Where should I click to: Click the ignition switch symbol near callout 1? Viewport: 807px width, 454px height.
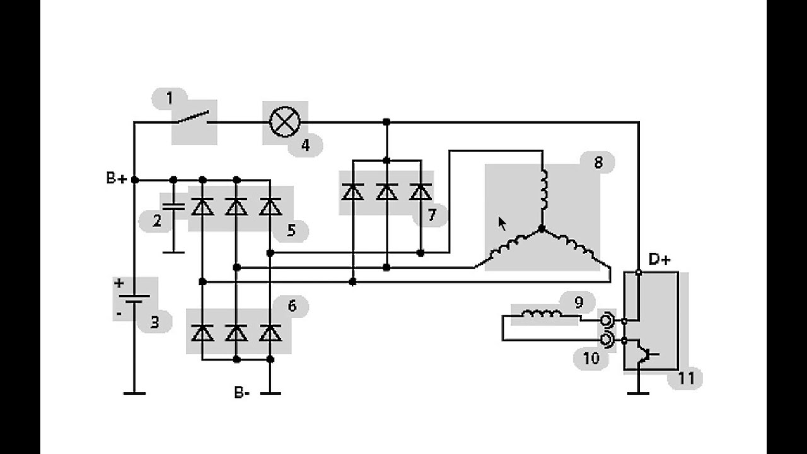192,118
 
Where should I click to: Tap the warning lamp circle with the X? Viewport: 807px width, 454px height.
285,122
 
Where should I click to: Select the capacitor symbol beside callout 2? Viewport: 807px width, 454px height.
173,207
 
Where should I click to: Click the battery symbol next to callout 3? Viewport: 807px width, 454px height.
134,300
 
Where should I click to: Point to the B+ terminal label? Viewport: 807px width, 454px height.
117,178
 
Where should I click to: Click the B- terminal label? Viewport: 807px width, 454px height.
241,392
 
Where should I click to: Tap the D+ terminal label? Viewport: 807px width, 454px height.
659,259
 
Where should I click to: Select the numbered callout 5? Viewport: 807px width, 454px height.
291,230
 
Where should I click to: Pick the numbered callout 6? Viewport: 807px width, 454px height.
292,306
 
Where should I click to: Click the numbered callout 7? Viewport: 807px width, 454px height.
432,215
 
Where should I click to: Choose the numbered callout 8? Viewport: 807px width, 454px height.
598,163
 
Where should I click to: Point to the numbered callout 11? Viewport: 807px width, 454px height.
686,378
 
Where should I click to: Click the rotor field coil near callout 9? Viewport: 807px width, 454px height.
542,314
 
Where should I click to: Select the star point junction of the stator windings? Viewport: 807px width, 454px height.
542,228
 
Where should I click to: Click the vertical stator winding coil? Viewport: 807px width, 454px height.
543,190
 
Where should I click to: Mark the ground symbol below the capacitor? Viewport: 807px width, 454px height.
173,252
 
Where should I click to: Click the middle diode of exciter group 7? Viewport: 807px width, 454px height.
386,191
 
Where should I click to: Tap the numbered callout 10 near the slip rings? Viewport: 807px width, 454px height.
591,359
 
